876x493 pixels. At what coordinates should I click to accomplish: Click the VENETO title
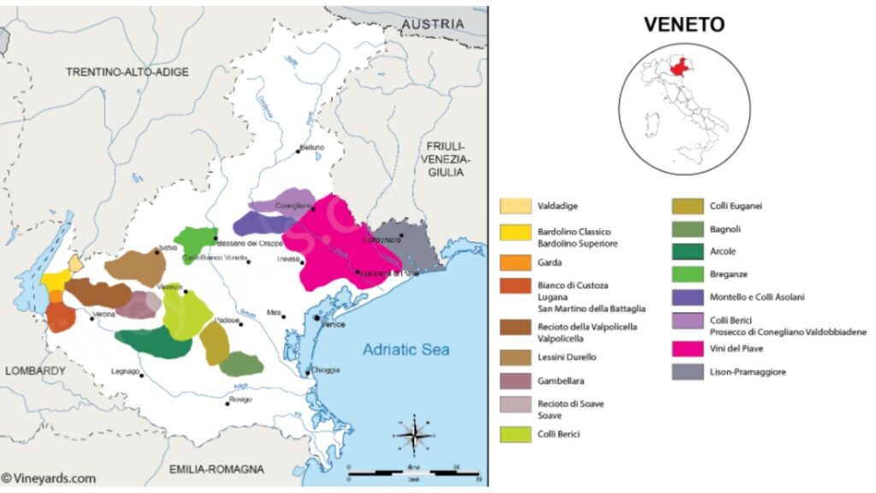tap(684, 24)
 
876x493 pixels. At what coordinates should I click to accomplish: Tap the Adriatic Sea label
tap(405, 349)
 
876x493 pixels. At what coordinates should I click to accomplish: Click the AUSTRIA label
tap(434, 24)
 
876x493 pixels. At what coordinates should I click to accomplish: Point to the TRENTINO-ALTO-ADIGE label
tap(127, 72)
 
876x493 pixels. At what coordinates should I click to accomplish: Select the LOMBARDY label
tap(35, 371)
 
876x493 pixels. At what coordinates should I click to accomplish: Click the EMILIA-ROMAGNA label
tap(216, 469)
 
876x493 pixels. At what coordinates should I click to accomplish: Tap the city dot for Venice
tap(317, 318)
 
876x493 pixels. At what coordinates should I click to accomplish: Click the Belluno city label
tap(312, 147)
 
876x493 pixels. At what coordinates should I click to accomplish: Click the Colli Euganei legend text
tap(736, 205)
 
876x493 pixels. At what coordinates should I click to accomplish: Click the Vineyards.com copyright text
tap(49, 478)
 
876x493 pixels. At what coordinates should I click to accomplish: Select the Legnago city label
tap(125, 371)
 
